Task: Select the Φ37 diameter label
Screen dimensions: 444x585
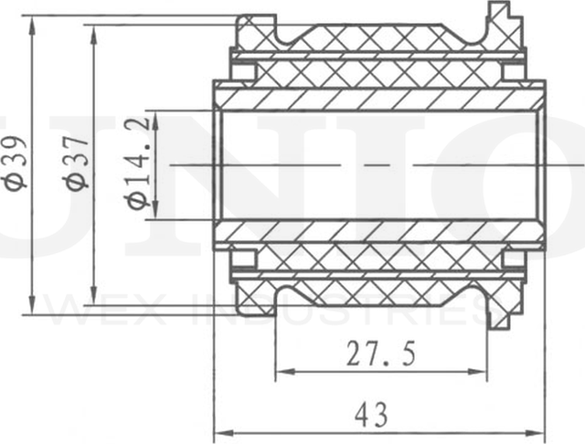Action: click(x=78, y=162)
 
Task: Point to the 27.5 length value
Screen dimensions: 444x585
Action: click(x=379, y=353)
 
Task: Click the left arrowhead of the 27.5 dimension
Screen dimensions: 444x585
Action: click(x=282, y=371)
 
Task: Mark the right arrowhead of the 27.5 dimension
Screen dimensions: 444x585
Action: click(x=482, y=371)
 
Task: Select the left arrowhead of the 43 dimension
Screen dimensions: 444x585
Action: click(x=220, y=431)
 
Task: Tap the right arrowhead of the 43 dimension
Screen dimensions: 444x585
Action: click(x=538, y=431)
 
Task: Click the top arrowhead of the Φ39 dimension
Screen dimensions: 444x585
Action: click(x=34, y=23)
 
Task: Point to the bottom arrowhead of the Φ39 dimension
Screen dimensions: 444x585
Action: click(x=34, y=307)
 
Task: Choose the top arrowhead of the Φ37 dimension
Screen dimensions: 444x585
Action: click(x=93, y=30)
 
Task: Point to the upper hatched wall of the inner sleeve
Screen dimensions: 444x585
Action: click(x=379, y=96)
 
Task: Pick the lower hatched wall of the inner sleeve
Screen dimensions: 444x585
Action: click(x=379, y=234)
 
